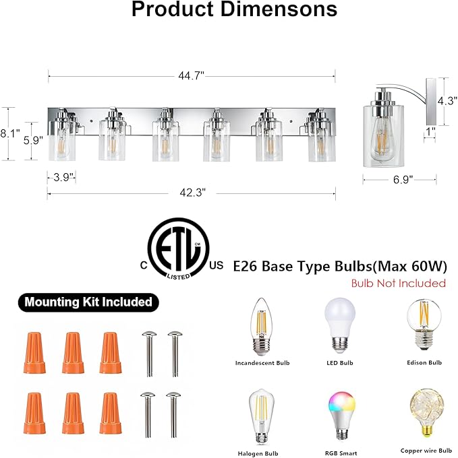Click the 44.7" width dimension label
point(191,76)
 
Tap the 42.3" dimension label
point(193,193)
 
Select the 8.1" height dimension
point(10,134)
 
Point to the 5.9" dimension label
point(33,140)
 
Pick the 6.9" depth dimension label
point(403,179)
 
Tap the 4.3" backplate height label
point(447,101)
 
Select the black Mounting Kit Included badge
point(88,302)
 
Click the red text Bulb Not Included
point(399,283)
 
